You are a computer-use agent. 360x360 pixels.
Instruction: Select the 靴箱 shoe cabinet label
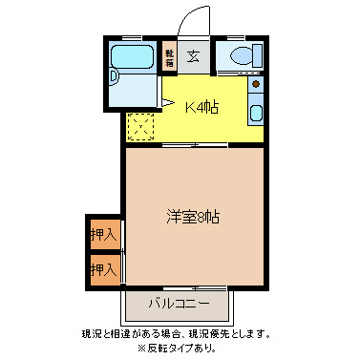point(170,56)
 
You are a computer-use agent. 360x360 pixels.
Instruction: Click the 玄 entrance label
point(194,55)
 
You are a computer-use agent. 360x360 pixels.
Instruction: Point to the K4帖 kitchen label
point(201,107)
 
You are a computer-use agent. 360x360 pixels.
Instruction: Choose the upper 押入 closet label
point(103,234)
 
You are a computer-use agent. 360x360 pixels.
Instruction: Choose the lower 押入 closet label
point(103,269)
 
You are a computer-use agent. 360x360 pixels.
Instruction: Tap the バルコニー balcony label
point(180,306)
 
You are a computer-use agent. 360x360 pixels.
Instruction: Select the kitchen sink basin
point(257,116)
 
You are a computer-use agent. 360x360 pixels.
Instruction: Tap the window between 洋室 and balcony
point(181,287)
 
